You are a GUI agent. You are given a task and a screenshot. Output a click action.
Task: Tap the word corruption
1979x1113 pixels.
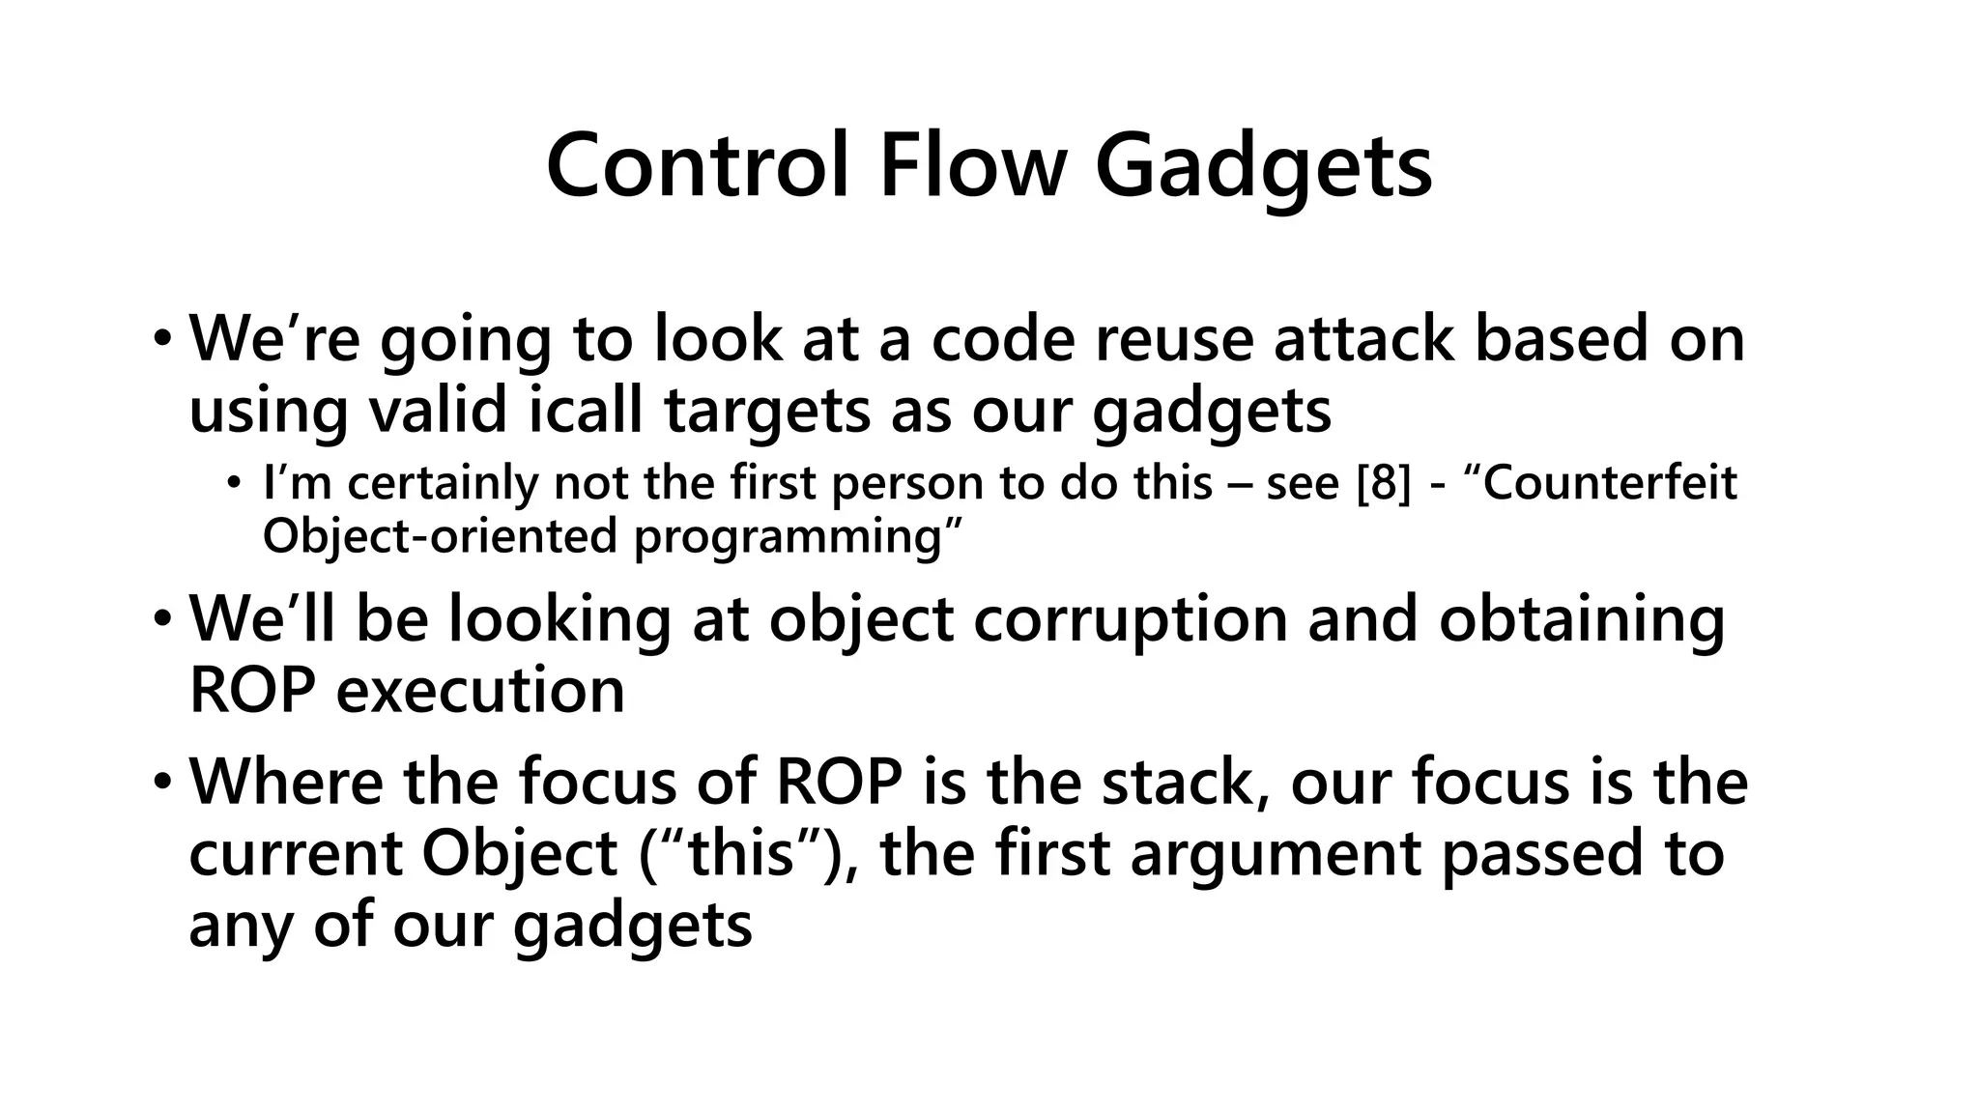pyautogui.click(x=1130, y=618)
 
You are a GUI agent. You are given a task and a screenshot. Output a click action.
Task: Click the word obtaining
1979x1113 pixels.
pyautogui.click(x=1581, y=620)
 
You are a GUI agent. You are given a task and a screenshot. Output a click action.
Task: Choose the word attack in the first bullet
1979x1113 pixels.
pyautogui.click(x=1363, y=339)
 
